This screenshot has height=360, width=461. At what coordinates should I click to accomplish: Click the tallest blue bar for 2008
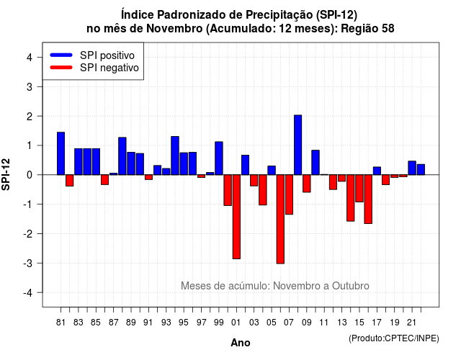point(297,145)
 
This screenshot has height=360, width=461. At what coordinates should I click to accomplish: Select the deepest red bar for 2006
point(280,219)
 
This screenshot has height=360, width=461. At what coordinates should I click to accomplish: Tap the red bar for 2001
point(236,217)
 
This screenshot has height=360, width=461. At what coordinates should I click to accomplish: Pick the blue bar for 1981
point(61,153)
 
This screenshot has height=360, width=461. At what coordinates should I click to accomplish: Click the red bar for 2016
point(368,199)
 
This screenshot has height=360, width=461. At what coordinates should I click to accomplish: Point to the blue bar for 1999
point(219,158)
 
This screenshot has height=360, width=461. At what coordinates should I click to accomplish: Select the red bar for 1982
point(70,180)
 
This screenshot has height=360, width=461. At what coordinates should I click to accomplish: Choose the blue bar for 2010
point(315,163)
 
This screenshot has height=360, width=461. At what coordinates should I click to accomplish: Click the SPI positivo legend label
point(107,55)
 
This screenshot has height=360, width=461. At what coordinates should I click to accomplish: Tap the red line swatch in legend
point(61,68)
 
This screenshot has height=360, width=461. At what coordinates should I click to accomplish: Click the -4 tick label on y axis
point(29,293)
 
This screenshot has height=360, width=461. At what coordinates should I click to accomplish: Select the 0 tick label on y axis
point(30,175)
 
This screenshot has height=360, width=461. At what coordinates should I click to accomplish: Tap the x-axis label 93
point(166,323)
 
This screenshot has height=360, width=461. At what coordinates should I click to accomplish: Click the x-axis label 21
point(411,323)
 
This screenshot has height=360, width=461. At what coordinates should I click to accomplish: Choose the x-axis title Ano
point(241,343)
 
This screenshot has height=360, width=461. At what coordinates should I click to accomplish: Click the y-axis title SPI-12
point(6,174)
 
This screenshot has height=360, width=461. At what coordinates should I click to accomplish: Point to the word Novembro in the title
point(174,29)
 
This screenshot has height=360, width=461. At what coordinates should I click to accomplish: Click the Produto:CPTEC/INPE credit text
point(394,338)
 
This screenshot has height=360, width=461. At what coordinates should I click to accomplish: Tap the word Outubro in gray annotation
point(351,286)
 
